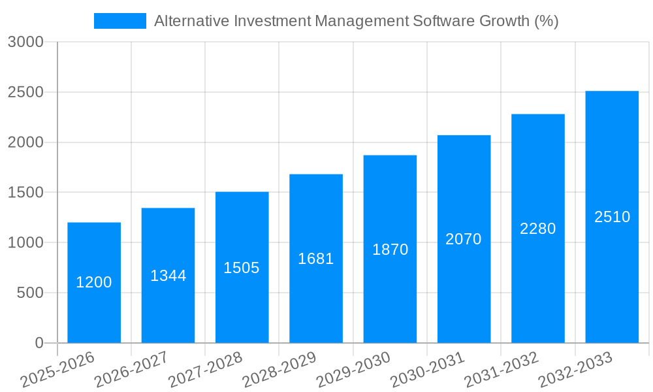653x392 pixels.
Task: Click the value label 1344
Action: (x=168, y=276)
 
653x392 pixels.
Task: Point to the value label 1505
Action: (x=242, y=268)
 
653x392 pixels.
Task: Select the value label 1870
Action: (x=390, y=250)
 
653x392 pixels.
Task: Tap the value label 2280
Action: (x=538, y=229)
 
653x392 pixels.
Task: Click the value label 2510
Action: (x=612, y=217)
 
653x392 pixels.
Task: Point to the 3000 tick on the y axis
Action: (x=25, y=42)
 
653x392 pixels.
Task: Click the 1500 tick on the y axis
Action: (x=25, y=193)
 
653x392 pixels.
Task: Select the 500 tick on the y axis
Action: (x=30, y=293)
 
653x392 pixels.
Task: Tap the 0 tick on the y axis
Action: (x=39, y=343)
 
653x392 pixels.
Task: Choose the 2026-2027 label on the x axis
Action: (x=131, y=370)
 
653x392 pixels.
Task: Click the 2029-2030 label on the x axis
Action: (x=353, y=370)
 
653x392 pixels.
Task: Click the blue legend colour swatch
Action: (x=120, y=21)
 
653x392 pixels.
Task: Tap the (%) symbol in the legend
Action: (x=547, y=21)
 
